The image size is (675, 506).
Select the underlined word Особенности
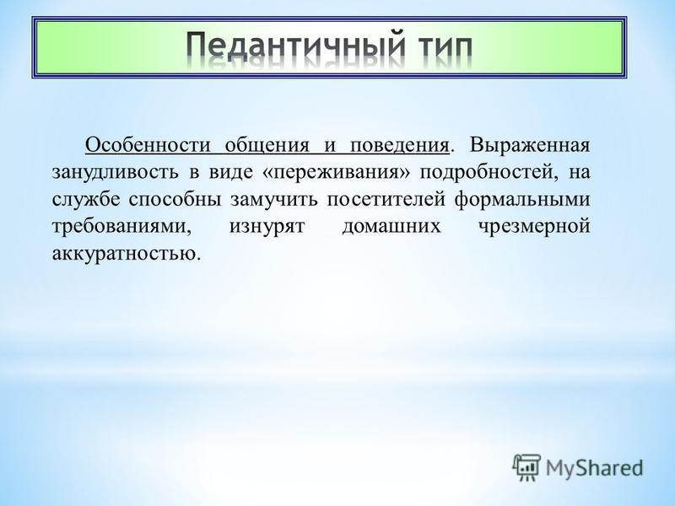pyautogui.click(x=148, y=146)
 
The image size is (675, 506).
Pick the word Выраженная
pyautogui.click(x=529, y=146)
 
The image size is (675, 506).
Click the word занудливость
pyautogui.click(x=115, y=173)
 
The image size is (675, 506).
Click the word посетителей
pyautogui.click(x=386, y=200)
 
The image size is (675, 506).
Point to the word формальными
pyautogui.click(x=521, y=200)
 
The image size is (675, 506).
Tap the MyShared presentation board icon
pyautogui.click(x=526, y=467)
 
